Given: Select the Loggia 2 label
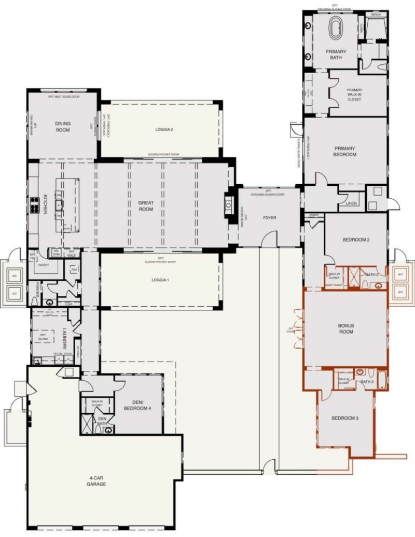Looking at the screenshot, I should coord(163,129).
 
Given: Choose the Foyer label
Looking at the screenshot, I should coord(269,218).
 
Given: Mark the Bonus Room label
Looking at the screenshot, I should coord(345,328).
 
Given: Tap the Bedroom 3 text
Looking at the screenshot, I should coord(345,418).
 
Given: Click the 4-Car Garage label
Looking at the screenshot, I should coord(96,480).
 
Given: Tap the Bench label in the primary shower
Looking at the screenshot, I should coord(376,15).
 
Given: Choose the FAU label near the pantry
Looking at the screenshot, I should coord(74,269).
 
